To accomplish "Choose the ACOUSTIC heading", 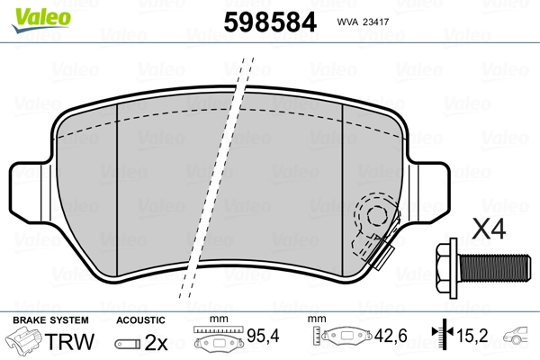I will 140,319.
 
